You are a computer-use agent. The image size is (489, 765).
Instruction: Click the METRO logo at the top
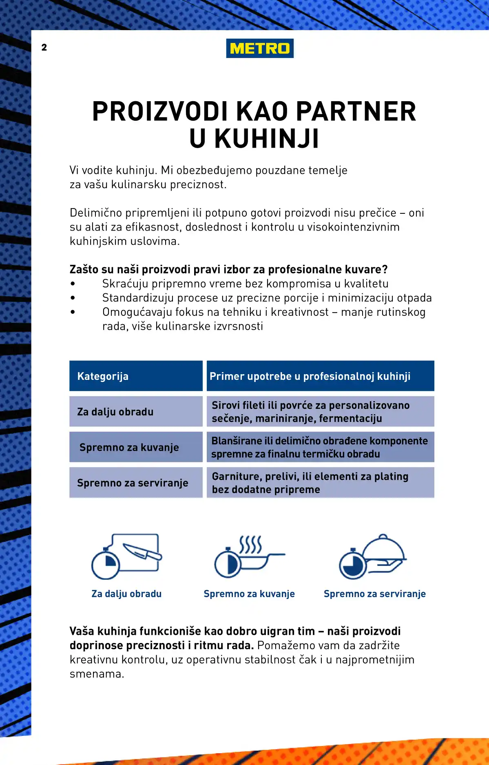click(260, 48)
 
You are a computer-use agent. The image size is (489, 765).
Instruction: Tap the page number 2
click(44, 47)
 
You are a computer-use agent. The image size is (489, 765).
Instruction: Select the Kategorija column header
click(136, 376)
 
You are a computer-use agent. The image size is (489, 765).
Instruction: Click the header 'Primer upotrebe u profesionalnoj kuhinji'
click(320, 376)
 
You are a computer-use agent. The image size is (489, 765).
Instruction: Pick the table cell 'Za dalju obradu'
click(136, 412)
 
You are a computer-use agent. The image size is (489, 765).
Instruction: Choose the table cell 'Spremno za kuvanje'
click(136, 447)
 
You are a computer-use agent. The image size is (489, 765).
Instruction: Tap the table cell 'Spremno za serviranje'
click(136, 483)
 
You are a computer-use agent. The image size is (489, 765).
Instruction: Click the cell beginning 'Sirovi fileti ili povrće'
click(320, 412)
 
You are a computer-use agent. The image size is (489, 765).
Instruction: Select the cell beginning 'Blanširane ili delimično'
click(320, 447)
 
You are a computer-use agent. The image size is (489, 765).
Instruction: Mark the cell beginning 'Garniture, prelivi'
click(320, 483)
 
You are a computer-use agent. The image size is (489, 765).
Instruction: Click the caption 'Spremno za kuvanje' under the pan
click(249, 594)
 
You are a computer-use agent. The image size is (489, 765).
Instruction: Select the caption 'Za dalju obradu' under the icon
click(126, 594)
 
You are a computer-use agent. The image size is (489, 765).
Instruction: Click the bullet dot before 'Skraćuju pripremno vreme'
click(73, 284)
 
